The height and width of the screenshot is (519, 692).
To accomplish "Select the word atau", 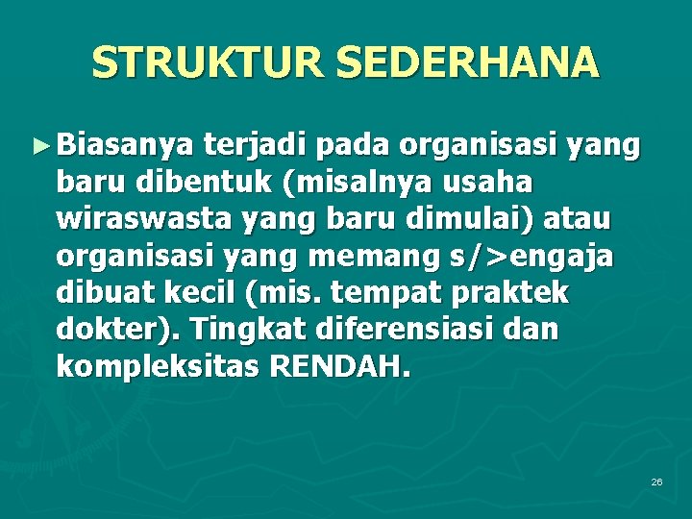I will [578, 220].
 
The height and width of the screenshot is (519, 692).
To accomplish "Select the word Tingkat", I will [243, 331].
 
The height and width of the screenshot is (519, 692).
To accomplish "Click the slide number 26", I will [656, 481].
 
